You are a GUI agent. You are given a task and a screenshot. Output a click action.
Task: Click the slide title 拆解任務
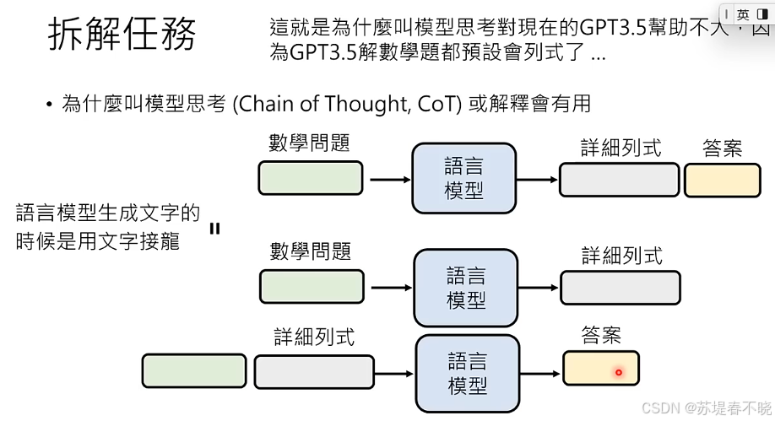coord(122,35)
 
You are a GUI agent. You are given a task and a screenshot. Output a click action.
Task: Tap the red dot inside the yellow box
coord(618,372)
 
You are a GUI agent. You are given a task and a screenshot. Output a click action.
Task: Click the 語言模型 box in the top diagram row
coord(463,178)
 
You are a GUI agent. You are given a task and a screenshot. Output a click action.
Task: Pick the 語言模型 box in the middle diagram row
coord(464,287)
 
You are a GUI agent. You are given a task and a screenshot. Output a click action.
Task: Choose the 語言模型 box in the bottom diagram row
coord(466,373)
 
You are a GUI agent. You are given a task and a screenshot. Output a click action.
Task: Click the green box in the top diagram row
coord(311,179)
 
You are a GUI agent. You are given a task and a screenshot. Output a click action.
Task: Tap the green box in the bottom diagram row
coord(194,371)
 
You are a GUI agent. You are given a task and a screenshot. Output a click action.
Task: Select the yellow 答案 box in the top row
coord(722,181)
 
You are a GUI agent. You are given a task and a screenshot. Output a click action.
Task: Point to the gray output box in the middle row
coord(620,288)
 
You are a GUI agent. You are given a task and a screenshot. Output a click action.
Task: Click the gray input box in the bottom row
coord(314,371)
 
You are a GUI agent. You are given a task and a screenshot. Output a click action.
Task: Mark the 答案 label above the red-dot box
coord(601,335)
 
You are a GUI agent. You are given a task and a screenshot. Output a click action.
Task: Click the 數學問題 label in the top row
coord(309,143)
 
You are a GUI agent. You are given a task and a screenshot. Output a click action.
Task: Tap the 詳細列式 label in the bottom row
coord(314,337)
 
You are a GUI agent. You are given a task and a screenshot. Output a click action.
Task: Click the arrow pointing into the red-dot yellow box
coord(539,372)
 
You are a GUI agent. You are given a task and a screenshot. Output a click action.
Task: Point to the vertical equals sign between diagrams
coord(214,227)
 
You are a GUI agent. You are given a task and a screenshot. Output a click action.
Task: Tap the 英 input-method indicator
coord(743,14)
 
